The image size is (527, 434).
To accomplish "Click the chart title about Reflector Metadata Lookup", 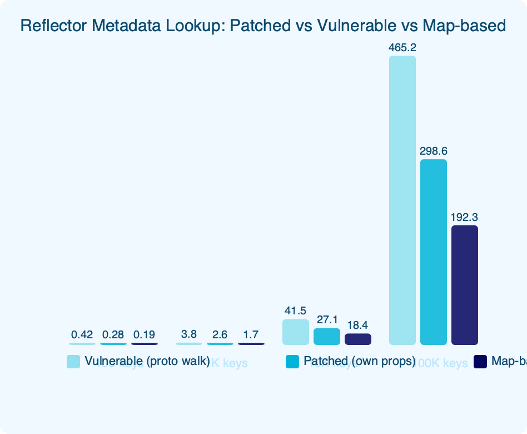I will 263,26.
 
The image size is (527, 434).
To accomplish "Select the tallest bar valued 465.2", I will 402,200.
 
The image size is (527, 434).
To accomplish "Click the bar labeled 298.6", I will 434,252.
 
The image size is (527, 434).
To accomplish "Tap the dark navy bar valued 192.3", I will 465,285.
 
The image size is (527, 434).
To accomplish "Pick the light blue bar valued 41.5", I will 296,332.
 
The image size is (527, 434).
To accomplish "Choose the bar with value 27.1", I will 327,337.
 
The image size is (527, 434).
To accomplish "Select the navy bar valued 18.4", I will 358,339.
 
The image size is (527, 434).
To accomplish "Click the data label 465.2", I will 402,48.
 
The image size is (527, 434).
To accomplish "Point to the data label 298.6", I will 434,151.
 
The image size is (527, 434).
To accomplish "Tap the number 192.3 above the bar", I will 465,218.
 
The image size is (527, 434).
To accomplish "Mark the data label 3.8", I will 189,334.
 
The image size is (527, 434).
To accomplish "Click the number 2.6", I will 220,334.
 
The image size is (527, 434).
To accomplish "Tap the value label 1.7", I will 251,334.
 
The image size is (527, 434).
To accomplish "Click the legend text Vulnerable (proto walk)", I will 147,361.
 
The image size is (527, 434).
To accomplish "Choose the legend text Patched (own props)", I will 360,361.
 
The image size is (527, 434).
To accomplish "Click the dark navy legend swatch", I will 481,362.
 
